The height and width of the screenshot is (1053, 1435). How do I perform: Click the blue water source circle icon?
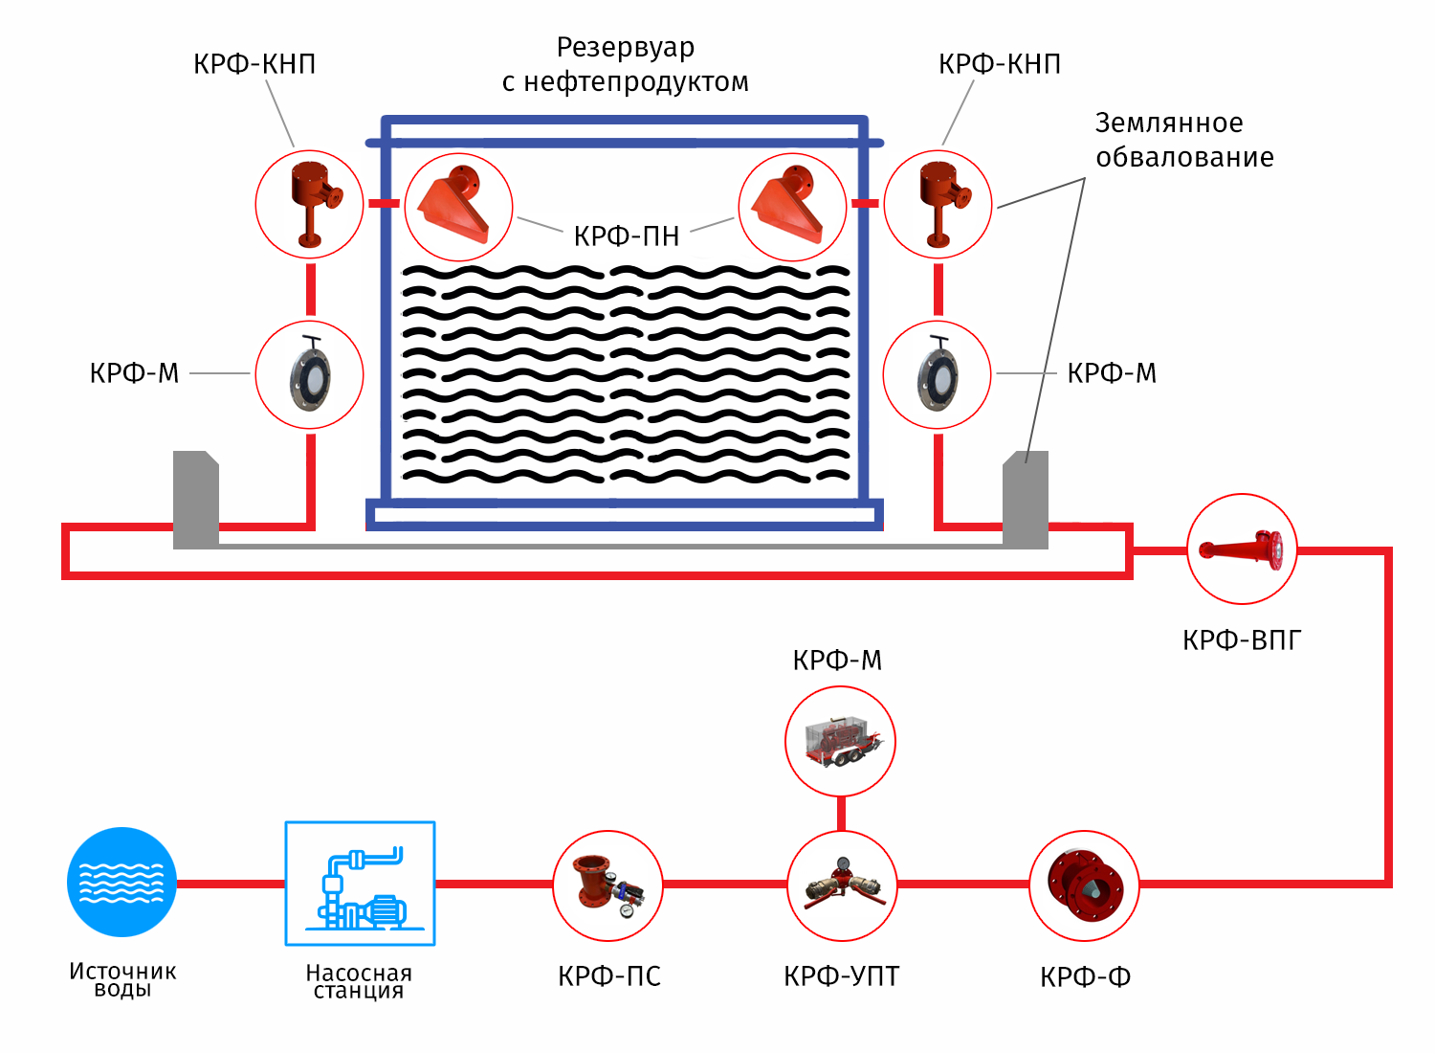click(x=121, y=882)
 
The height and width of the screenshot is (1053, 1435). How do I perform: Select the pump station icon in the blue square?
click(x=361, y=884)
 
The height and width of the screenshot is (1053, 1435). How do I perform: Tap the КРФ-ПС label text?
click(x=609, y=976)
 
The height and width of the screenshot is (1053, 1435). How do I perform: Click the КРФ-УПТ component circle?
click(x=842, y=885)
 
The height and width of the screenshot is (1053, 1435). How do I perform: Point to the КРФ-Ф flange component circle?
click(x=1084, y=885)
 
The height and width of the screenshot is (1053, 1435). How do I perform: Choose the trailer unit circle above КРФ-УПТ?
click(x=840, y=741)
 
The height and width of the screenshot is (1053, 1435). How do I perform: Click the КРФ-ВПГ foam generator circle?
click(x=1242, y=549)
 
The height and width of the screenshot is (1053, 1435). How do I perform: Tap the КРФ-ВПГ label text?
click(x=1242, y=640)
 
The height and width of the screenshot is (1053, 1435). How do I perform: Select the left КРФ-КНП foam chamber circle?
click(x=309, y=204)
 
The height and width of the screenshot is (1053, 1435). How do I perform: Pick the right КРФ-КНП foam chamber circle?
click(x=938, y=204)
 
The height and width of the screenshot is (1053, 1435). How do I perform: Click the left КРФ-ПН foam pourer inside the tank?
click(x=459, y=207)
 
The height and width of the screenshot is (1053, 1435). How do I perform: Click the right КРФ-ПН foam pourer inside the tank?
click(x=792, y=207)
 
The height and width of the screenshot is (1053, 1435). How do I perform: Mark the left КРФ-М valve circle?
click(x=309, y=374)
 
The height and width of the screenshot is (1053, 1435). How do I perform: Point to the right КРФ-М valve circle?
click(x=938, y=374)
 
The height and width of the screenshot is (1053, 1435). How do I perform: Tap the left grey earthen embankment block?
click(x=196, y=499)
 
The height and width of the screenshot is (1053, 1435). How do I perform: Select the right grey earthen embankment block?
click(x=1026, y=499)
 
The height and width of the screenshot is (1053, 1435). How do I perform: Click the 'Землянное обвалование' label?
click(x=1183, y=140)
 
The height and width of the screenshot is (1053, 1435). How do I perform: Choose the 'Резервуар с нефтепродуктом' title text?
click(x=626, y=64)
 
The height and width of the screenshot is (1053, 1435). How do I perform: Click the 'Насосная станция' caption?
click(x=359, y=981)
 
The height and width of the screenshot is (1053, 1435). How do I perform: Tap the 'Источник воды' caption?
click(x=122, y=979)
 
